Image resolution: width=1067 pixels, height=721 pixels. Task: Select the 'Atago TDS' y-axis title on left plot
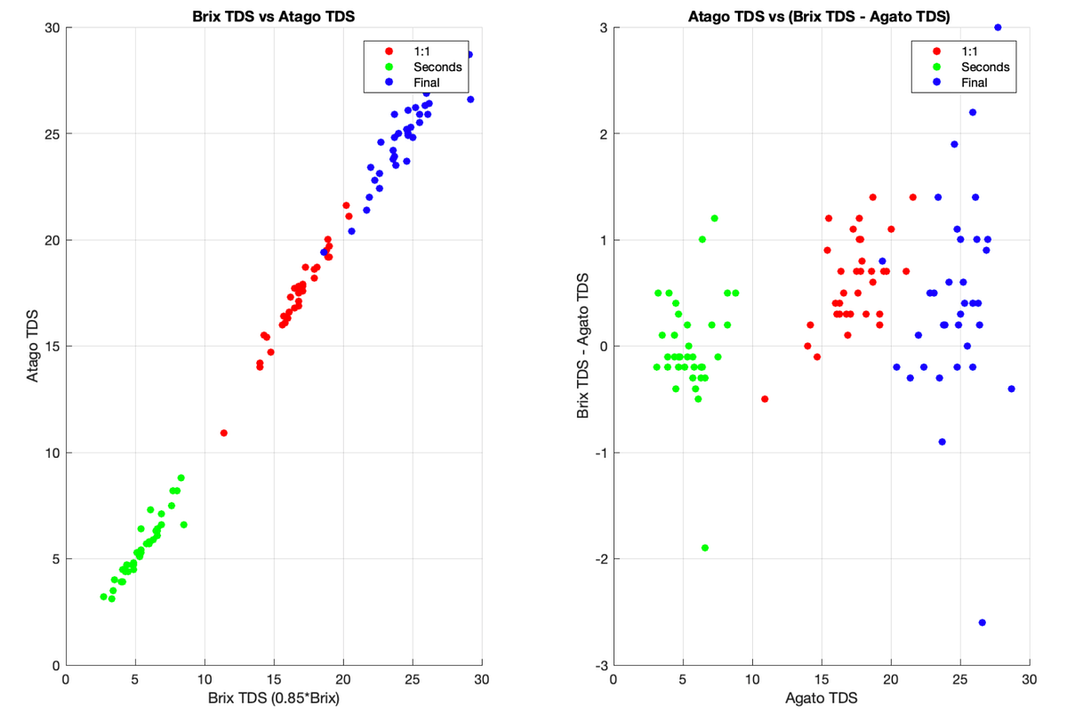coord(33,347)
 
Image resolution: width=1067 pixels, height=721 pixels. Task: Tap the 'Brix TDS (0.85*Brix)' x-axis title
coord(274,699)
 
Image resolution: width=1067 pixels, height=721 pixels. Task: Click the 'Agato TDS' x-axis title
coord(821,699)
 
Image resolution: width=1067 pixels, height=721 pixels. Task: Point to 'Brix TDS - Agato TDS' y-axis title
coord(583,347)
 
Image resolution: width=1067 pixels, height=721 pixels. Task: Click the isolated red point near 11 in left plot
coord(224,433)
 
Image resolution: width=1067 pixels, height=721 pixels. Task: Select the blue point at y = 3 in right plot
coord(998,28)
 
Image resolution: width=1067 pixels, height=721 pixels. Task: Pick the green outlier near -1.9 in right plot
coord(705,548)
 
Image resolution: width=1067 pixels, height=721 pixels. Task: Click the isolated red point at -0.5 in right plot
coord(765,399)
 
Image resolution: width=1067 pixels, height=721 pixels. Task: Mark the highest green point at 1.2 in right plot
coord(714,219)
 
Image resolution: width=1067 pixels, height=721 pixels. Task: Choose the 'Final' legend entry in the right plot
coord(972,83)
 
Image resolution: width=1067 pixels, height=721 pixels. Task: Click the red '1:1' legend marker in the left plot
coord(389,51)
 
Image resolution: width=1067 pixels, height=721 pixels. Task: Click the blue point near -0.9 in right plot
coord(942,442)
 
